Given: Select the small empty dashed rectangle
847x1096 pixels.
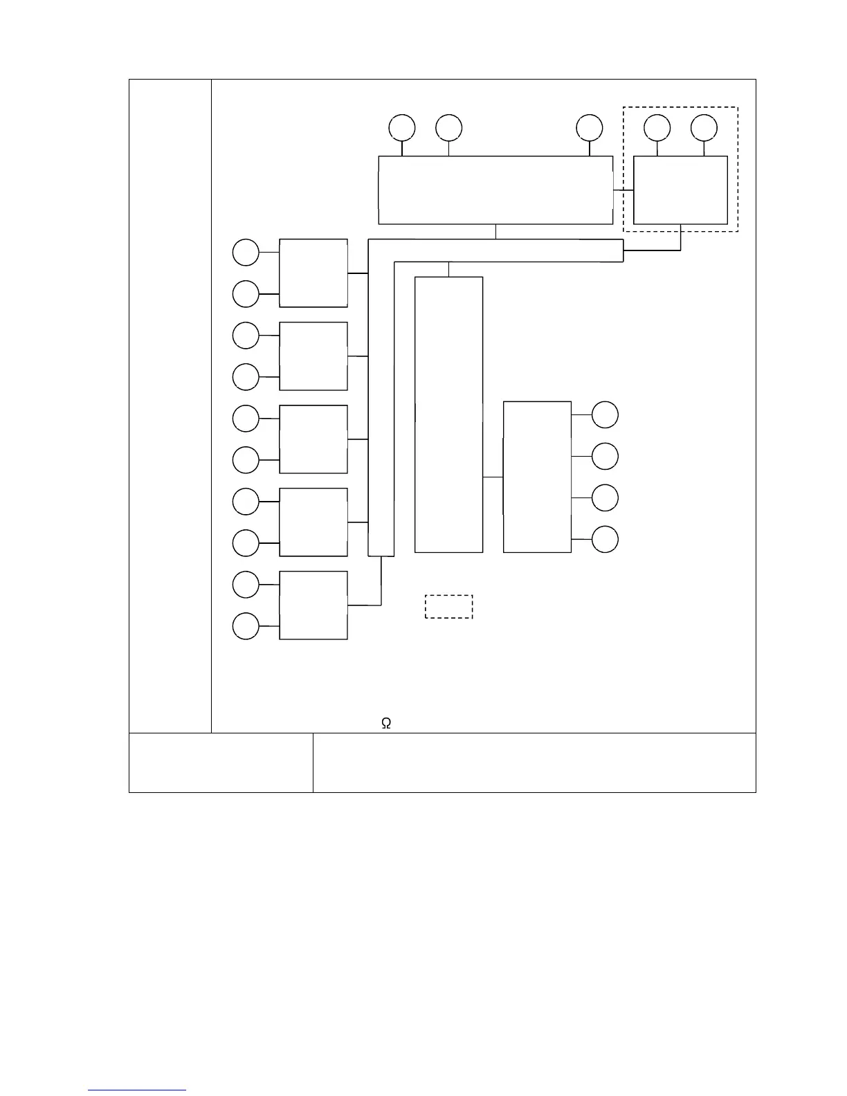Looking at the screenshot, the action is pos(448,606).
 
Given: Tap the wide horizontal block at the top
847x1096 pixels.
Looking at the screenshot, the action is pos(495,190).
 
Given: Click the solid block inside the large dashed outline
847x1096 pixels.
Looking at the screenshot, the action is pos(680,190).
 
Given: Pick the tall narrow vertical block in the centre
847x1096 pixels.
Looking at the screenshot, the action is pos(448,414).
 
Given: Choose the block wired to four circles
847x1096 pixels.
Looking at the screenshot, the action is pos(537,477).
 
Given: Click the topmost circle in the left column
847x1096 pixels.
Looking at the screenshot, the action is pos(246,253).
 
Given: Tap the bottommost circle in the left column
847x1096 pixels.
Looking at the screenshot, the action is pos(246,626).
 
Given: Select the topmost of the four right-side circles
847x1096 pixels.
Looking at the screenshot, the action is pos(605,414).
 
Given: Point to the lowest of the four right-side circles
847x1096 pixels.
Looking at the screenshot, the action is pos(605,539).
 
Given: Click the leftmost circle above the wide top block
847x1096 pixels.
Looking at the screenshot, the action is pos(402,128).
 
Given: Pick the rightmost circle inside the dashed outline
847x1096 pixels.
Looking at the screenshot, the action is pos(704,128).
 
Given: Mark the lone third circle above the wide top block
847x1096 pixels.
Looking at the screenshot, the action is pos(590,128).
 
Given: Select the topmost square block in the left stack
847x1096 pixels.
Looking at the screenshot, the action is pos(313,273).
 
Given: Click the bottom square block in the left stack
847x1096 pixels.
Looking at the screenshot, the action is pos(313,605).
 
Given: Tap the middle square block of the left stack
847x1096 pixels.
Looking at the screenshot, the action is pos(313,439).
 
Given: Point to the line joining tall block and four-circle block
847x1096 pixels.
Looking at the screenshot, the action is pos(493,477).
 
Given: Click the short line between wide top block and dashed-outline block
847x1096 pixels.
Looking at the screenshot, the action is pos(623,190).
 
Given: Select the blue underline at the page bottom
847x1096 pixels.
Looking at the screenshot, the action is pos(137,1090).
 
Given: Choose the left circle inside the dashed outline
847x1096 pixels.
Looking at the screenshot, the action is pos(657,128).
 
